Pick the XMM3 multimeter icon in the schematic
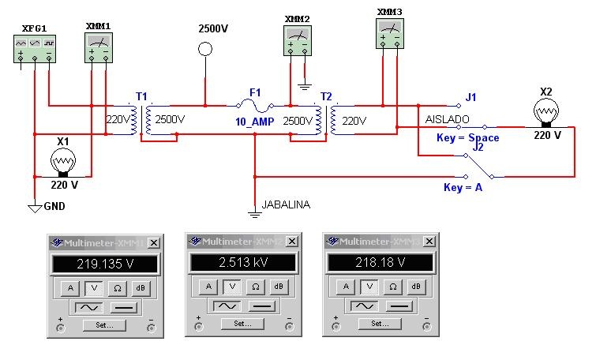pyautogui.click(x=390, y=32)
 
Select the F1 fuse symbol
pyautogui.click(x=255, y=106)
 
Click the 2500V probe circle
pyautogui.click(x=205, y=49)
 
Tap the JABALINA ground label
pyautogui.click(x=287, y=204)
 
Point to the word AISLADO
pyautogui.click(x=448, y=118)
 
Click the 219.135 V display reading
pyautogui.click(x=105, y=264)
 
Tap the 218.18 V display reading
pyautogui.click(x=380, y=263)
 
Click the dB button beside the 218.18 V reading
pyautogui.click(x=415, y=287)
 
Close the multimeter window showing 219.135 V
pyautogui.click(x=153, y=242)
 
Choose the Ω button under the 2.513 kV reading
pyautogui.click(x=255, y=287)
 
